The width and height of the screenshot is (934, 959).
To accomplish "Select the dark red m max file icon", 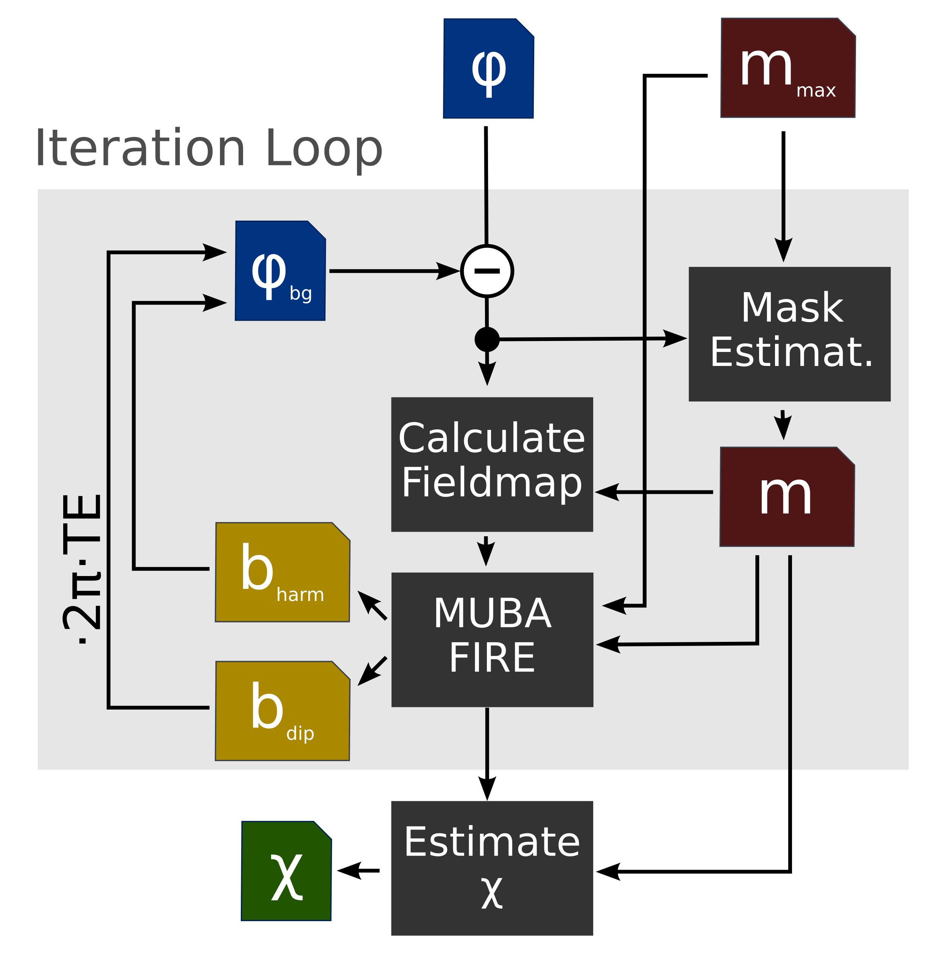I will [788, 68].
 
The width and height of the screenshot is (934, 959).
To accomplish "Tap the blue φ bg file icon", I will [280, 271].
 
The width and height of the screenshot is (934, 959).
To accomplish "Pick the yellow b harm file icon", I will [282, 572].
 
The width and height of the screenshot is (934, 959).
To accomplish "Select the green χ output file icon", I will [287, 870].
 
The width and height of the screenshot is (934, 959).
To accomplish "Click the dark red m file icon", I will [787, 496].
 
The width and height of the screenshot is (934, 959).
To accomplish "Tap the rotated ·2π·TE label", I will [82, 569].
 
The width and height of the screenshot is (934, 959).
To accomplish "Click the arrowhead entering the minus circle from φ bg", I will [448, 271].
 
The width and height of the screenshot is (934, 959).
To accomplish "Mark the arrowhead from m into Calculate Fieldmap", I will [607, 492].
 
